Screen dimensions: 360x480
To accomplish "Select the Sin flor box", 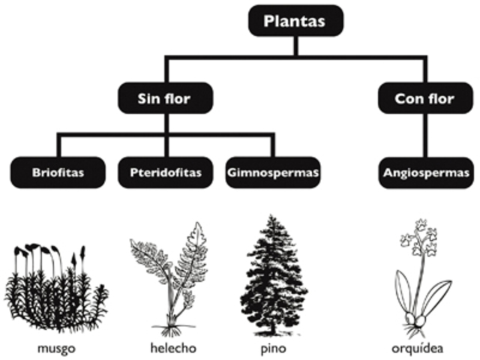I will click(x=164, y=97).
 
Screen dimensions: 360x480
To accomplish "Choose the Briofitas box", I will click(x=58, y=172).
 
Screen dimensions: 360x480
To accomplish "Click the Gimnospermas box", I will click(x=271, y=172).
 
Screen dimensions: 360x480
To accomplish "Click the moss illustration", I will click(x=56, y=289).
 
